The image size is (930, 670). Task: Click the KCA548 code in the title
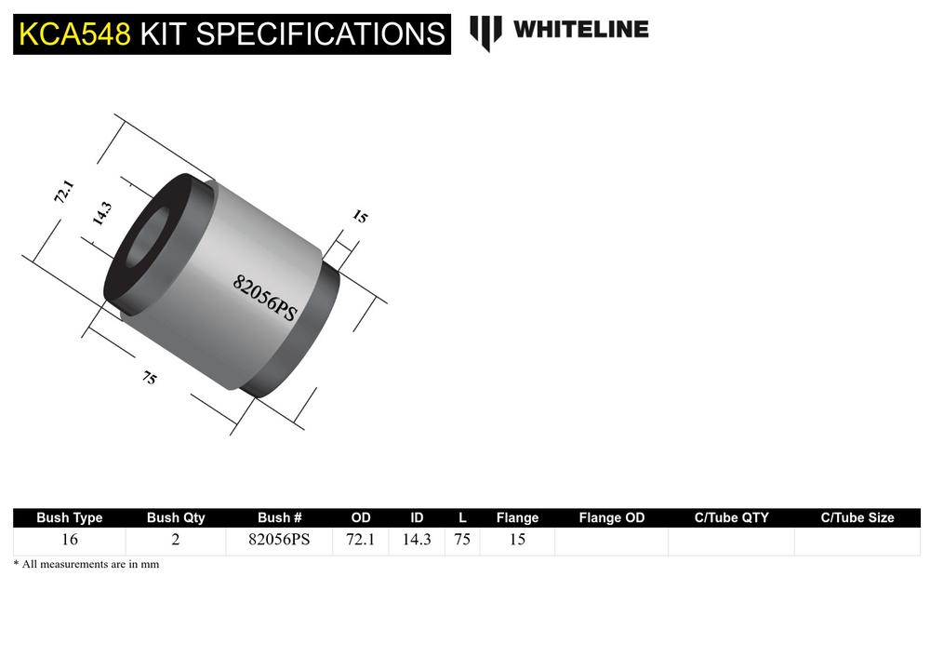point(73,34)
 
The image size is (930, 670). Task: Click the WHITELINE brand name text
point(580,30)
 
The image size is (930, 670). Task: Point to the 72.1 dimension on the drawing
point(63,194)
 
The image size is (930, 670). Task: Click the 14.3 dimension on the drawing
point(101,214)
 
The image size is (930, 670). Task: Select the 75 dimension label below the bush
point(149,378)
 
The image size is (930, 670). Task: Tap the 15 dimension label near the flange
point(360,217)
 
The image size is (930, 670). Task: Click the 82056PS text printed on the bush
point(264,297)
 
